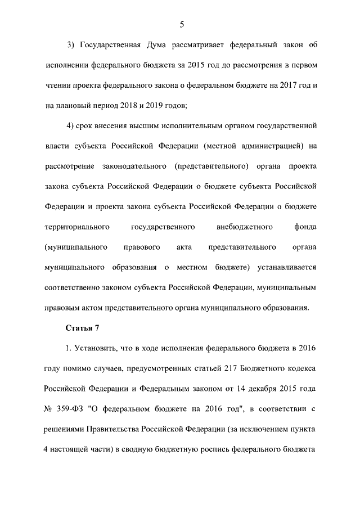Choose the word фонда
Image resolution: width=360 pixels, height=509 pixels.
click(x=304, y=227)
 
